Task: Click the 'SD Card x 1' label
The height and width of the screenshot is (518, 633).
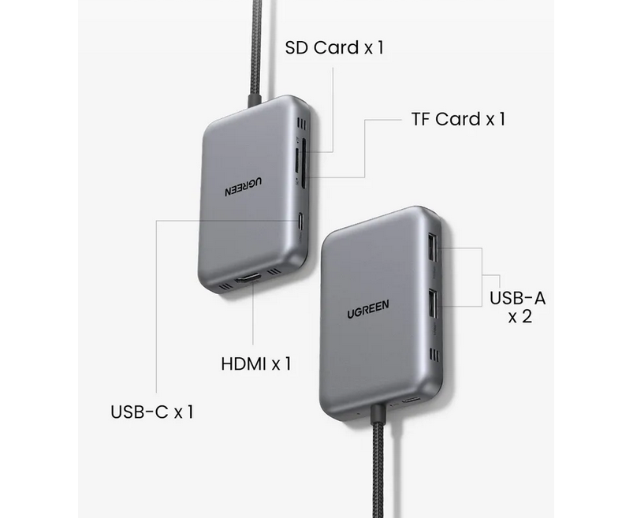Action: coord(333,47)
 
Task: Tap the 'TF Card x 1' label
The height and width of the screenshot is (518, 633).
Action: coord(457,119)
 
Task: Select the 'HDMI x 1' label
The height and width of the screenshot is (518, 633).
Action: coord(256,363)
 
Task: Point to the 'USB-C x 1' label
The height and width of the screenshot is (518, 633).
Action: coord(152,412)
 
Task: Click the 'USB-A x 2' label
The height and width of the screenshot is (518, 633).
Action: coord(517,308)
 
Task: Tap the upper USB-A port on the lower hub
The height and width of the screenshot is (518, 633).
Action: coord(432,248)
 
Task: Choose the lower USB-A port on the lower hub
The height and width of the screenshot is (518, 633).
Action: coord(432,302)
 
